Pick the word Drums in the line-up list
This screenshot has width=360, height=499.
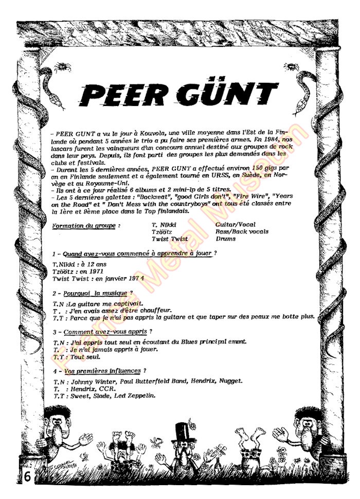[226, 239]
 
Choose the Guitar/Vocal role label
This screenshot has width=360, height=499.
[236, 224]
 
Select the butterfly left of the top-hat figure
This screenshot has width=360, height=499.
[154, 441]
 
